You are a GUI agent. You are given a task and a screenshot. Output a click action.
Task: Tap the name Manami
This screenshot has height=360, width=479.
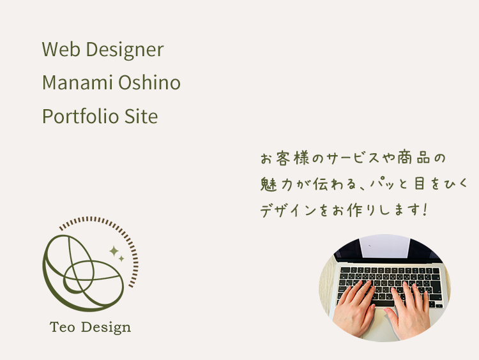pos(77,82)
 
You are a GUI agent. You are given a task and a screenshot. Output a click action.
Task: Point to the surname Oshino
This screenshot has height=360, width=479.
pos(149,82)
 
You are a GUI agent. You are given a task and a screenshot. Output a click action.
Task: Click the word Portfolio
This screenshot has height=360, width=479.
pos(80,116)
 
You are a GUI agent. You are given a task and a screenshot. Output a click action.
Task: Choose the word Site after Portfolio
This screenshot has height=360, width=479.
pos(141,116)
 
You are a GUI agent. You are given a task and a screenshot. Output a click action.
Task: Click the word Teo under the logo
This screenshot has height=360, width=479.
pos(63,327)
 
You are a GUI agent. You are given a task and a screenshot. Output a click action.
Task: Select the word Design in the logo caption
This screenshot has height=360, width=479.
pos(106,327)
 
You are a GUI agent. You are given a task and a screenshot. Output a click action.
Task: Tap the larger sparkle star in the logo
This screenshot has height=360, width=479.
pos(114,251)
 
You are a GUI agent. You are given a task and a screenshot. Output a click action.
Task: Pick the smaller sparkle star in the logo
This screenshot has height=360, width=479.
pos(121,259)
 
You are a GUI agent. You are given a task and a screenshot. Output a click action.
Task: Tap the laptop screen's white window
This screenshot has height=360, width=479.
pos(384,246)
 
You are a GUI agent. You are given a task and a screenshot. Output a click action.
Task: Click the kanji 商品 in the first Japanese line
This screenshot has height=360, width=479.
pos(414,158)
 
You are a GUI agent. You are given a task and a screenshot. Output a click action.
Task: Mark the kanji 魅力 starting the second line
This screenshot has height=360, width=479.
pos(277,184)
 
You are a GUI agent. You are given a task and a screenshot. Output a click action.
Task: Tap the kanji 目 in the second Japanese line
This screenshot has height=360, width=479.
pos(419,184)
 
